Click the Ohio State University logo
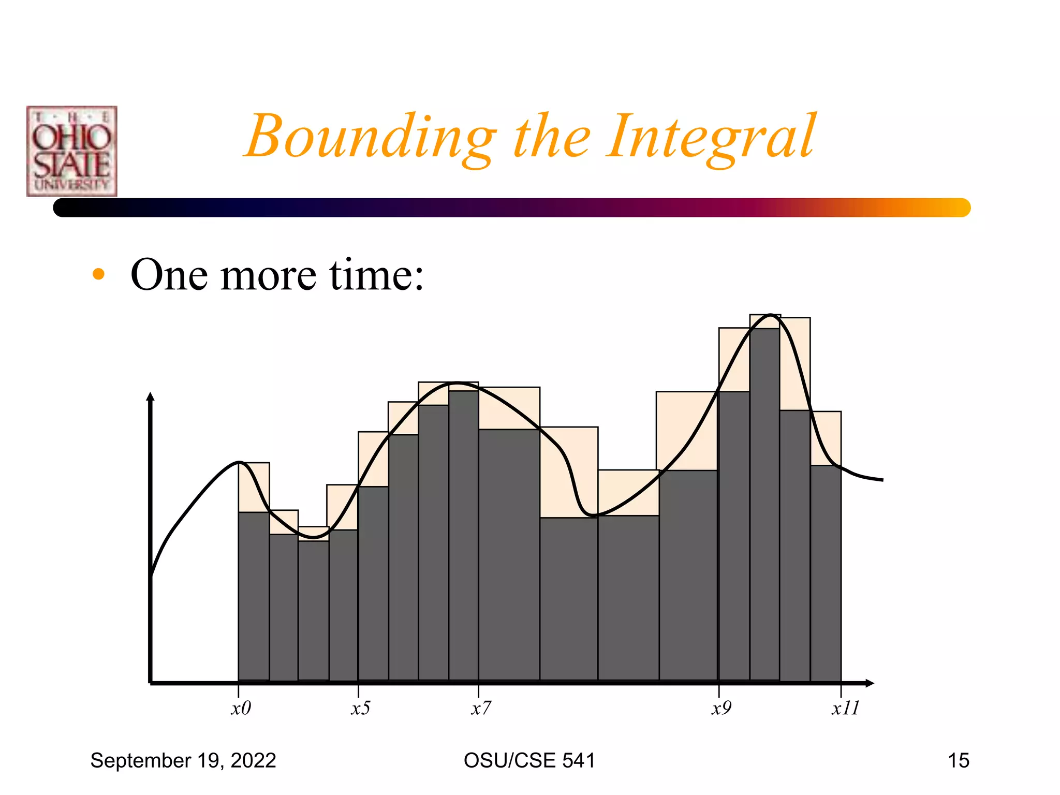(72, 151)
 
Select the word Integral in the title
(711, 137)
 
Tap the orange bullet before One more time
(98, 274)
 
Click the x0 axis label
(241, 708)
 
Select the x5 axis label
(360, 708)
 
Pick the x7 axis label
(481, 708)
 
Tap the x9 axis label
(721, 708)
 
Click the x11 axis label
(845, 708)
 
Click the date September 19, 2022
(183, 760)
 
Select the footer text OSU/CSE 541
(529, 760)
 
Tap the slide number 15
(958, 760)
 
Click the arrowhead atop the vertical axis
(151, 396)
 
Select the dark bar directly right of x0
(254, 595)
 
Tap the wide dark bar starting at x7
(509, 554)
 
